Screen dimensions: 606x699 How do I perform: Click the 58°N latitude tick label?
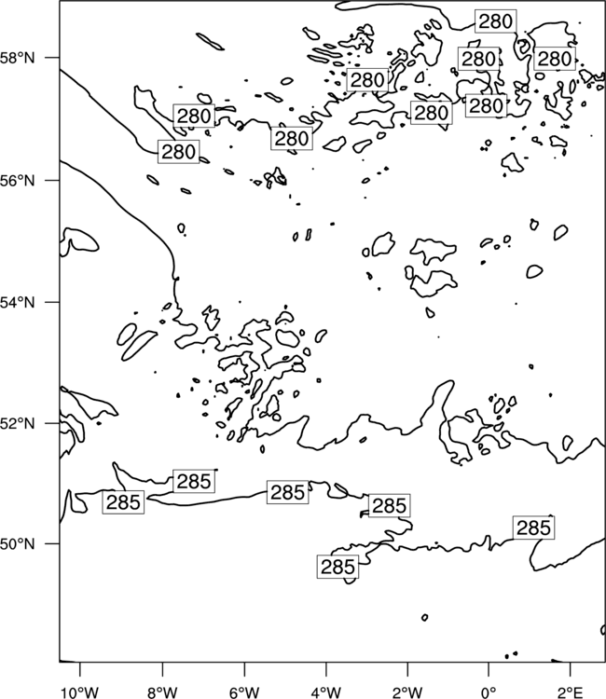point(18,58)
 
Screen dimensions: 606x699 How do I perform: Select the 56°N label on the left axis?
point(18,181)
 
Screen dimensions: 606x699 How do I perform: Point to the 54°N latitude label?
point(18,303)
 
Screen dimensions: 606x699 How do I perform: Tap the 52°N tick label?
point(18,423)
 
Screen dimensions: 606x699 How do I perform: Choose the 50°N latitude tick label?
point(18,544)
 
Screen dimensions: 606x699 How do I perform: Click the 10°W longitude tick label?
point(80,692)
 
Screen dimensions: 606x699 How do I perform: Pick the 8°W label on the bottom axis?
point(162,692)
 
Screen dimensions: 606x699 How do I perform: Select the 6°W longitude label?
point(244,692)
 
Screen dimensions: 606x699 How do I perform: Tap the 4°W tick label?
point(326,692)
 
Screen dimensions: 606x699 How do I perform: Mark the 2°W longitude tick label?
point(407,692)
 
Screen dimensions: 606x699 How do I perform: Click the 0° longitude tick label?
point(489,692)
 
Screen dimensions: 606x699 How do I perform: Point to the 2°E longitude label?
point(571,692)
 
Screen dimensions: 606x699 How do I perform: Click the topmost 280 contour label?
point(495,21)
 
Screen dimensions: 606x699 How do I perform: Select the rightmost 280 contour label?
point(555,59)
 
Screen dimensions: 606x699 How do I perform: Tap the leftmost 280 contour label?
point(178,152)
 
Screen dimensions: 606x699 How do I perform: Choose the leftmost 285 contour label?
point(123,502)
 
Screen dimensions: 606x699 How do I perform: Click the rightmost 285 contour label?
point(533,528)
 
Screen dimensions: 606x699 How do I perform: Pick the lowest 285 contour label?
point(337,567)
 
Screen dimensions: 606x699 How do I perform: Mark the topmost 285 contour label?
point(194,481)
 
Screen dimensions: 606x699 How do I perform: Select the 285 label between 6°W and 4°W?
point(287,492)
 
